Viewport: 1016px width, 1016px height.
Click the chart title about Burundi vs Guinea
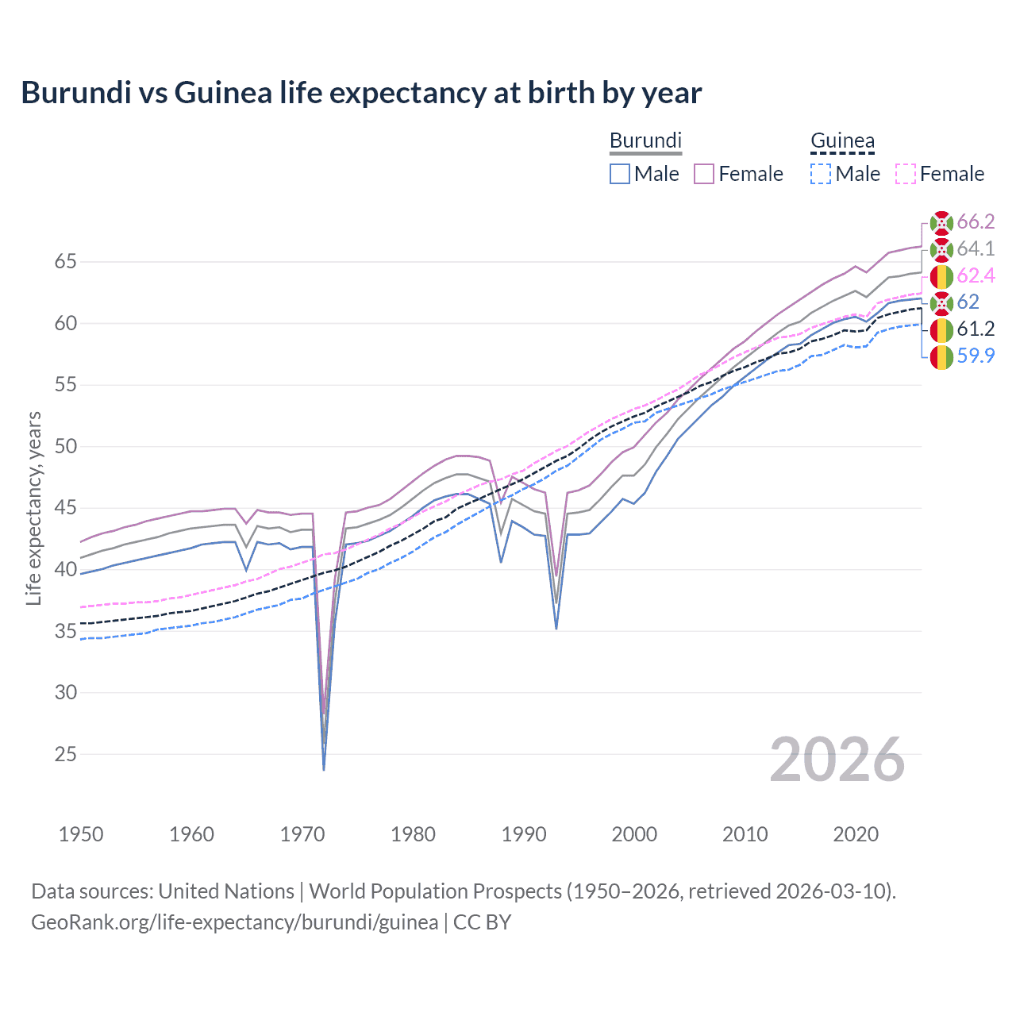pos(361,93)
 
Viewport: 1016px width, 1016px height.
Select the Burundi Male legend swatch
pos(620,174)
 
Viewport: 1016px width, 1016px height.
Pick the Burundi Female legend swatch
pos(704,174)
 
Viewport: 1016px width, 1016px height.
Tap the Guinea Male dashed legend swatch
pos(821,174)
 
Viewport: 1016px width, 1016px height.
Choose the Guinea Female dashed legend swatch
pos(906,174)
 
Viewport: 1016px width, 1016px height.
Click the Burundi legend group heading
pos(645,140)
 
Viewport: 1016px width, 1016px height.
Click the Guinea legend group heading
pos(842,142)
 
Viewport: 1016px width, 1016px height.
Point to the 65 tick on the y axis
pos(66,261)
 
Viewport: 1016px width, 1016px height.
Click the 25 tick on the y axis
pos(66,754)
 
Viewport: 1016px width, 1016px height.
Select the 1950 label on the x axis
pos(81,834)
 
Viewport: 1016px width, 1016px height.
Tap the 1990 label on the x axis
pos(524,834)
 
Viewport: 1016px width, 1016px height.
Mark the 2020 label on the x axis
pos(856,834)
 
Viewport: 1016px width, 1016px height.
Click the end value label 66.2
pos(976,221)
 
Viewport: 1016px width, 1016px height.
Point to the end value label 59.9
pos(976,356)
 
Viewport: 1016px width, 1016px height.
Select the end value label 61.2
pos(976,329)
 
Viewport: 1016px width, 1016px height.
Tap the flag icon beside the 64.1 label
pos(941,249)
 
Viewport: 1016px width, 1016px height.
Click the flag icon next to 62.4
pos(941,276)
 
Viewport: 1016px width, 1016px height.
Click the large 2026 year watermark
pos(837,760)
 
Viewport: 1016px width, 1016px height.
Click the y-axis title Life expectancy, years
pos(34,508)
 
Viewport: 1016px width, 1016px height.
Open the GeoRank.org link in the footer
pos(234,922)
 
